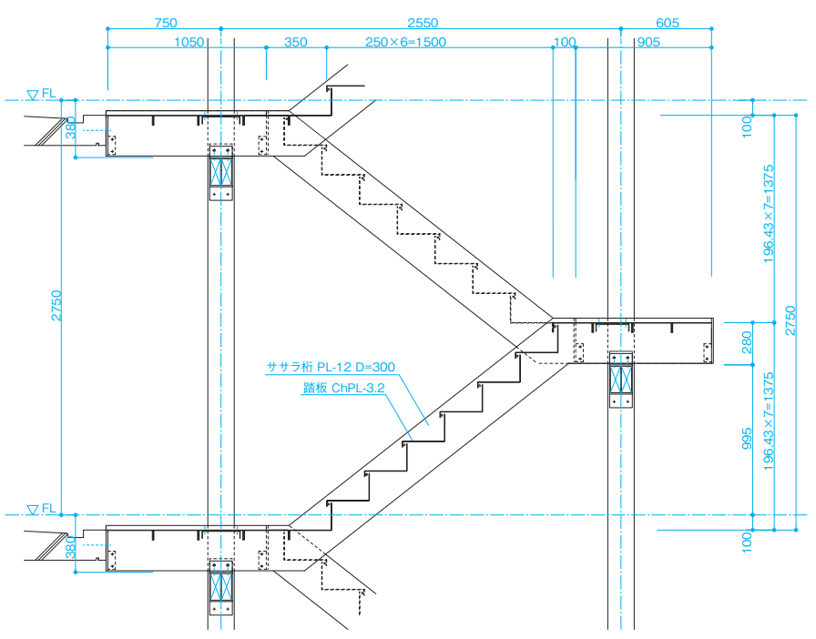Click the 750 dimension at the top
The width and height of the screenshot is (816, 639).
166,23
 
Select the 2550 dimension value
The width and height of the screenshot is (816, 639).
423,23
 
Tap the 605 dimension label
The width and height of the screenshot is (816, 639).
668,23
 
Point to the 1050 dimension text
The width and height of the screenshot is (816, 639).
189,42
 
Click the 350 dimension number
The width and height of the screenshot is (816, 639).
296,42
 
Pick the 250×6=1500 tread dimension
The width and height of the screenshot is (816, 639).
405,42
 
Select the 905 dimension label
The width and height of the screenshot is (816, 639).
648,42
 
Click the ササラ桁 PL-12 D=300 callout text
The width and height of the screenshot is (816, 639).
331,367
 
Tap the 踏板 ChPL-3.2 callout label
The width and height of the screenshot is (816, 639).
344,388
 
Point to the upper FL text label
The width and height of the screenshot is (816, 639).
49,93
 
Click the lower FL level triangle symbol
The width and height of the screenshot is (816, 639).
33,510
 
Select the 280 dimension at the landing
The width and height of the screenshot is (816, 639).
747,342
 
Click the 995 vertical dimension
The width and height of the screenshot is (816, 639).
747,439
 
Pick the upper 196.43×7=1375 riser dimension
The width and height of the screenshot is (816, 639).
769,214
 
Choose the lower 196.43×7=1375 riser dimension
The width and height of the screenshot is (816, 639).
769,421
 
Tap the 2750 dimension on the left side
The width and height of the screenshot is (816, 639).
56,306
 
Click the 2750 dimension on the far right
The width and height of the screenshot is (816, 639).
790,320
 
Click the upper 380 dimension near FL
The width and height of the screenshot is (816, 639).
71,128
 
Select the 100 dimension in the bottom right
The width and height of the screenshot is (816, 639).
747,543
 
